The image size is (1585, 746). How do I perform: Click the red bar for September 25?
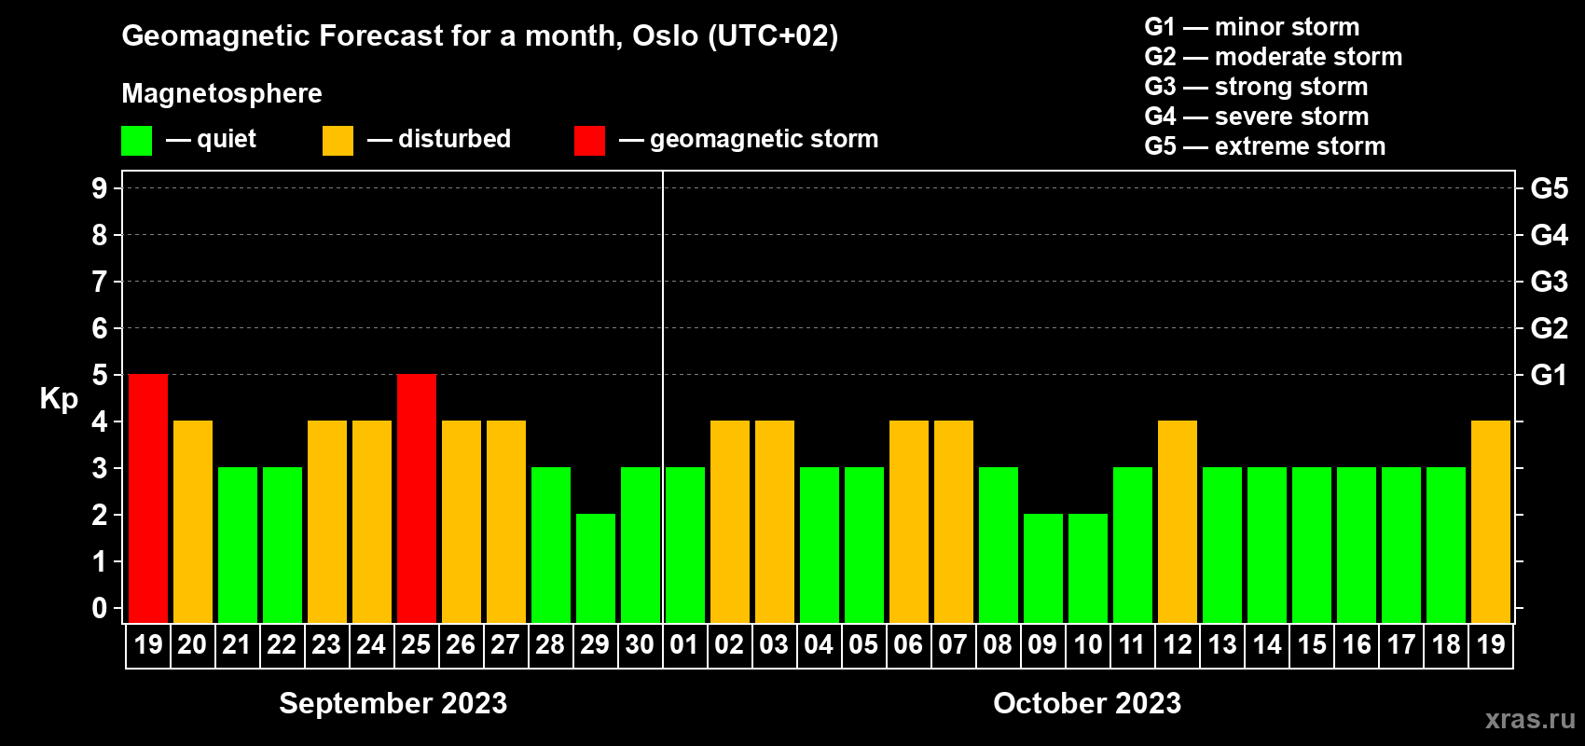[417, 498]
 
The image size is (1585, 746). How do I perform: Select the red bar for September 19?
[148, 498]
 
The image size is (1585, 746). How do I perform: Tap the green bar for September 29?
[596, 568]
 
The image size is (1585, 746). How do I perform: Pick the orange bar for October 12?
[1178, 521]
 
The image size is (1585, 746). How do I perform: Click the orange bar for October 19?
[1491, 521]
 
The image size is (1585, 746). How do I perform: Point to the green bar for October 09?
[1043, 568]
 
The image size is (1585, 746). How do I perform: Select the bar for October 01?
[685, 545]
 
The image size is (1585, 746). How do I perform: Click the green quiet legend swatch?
[136, 140]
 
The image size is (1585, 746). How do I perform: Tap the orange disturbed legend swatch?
[338, 140]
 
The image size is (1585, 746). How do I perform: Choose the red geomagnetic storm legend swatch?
[589, 140]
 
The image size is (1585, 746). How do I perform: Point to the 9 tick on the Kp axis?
[99, 188]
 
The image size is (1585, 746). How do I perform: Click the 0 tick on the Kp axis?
[99, 608]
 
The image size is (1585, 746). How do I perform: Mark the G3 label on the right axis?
[1549, 282]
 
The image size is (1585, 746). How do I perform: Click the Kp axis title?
[59, 398]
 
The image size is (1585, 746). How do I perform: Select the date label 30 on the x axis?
[640, 644]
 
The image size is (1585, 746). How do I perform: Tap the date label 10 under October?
[1087, 644]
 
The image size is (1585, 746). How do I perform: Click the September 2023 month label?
[393, 703]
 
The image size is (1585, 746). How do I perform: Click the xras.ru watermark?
[1530, 719]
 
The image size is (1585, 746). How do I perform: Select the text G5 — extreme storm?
[1264, 146]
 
